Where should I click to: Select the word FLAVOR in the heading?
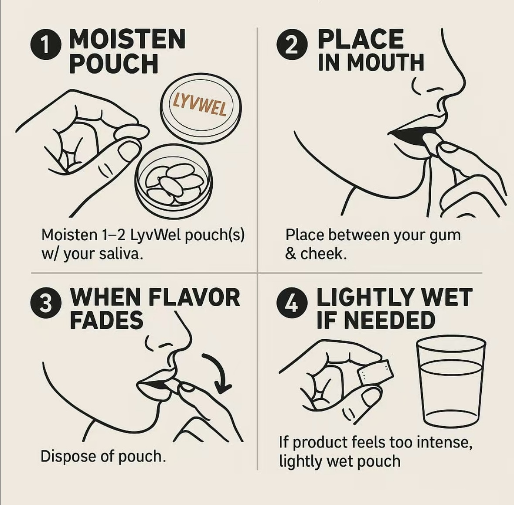(194, 297)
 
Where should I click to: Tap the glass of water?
(451, 382)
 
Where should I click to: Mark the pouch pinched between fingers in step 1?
(132, 131)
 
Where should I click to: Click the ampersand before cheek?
(290, 254)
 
